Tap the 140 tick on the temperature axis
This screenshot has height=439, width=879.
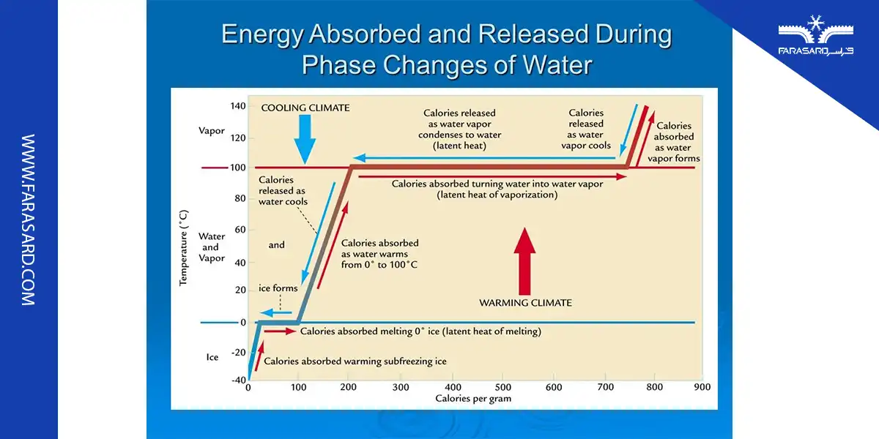click(x=237, y=106)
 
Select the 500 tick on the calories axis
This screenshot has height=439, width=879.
click(x=503, y=386)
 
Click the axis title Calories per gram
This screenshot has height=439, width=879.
click(x=472, y=399)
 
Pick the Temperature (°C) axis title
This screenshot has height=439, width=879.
click(x=184, y=247)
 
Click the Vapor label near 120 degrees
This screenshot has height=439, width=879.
click(x=212, y=131)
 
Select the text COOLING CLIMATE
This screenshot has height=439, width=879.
click(x=305, y=108)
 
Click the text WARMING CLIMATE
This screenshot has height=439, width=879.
click(x=525, y=302)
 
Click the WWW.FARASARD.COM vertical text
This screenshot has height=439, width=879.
click(x=28, y=219)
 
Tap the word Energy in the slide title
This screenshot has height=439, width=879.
click(x=265, y=34)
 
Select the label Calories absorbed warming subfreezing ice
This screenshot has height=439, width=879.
click(x=355, y=361)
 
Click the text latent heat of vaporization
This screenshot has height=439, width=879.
click(x=497, y=195)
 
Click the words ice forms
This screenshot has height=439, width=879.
click(x=278, y=288)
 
